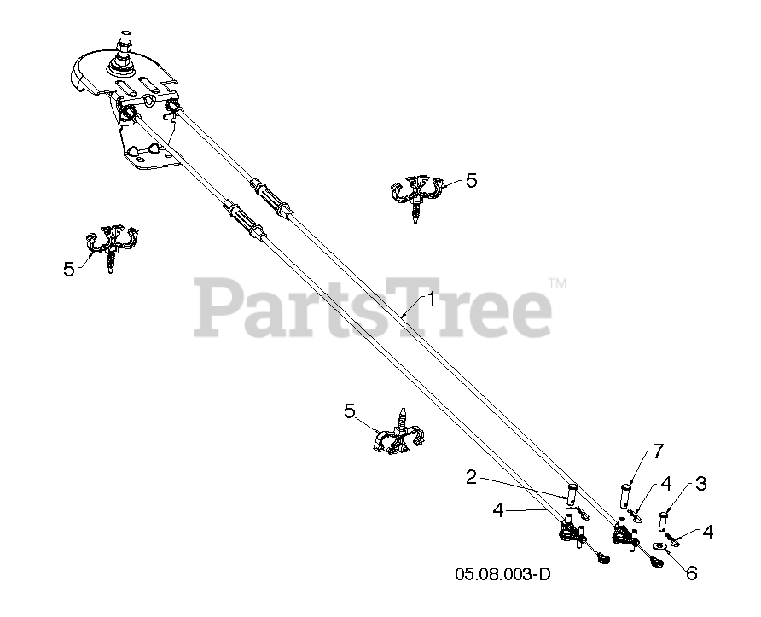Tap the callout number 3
pyautogui.click(x=700, y=484)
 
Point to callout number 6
pyautogui.click(x=690, y=573)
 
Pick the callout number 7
pyautogui.click(x=658, y=451)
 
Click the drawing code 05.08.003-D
pyautogui.click(x=502, y=573)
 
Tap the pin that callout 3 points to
pyautogui.click(x=664, y=518)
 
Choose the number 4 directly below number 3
pyautogui.click(x=707, y=532)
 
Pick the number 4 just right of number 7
pyautogui.click(x=666, y=485)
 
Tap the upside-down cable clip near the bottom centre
pyautogui.click(x=399, y=435)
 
